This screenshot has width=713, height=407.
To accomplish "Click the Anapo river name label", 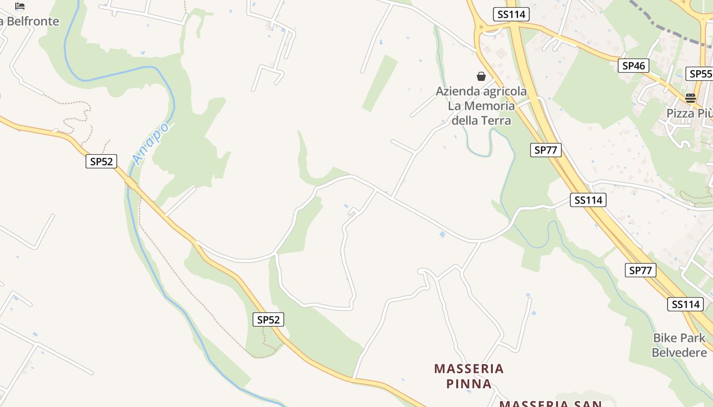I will tap(150, 143).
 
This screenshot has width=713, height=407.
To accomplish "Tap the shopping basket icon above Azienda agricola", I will tap(481, 76).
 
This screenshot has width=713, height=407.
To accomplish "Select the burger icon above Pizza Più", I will tap(691, 98).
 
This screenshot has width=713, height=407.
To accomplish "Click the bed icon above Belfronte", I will tap(20, 6).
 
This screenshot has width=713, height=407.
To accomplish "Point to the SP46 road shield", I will tap(634, 66).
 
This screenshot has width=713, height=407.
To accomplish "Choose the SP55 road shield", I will tap(700, 74).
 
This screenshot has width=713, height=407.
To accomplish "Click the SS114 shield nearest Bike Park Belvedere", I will tap(685, 304).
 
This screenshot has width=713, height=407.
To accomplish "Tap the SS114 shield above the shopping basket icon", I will tap(511, 14).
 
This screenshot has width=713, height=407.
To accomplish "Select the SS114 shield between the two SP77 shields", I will tap(588, 200).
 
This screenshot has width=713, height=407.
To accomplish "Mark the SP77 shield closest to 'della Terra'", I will tap(545, 150).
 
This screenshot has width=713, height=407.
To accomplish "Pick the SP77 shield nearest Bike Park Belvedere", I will tap(640, 270).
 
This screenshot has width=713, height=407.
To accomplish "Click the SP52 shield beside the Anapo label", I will tap(101, 162).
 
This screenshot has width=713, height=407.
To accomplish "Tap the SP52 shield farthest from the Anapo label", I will tap(268, 319).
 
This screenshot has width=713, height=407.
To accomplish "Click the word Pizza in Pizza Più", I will tap(680, 113).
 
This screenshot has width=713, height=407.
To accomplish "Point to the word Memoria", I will tap(490, 106).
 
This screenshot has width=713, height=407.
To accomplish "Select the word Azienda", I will tap(458, 92).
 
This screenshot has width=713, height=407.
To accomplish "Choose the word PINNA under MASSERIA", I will tap(469, 383).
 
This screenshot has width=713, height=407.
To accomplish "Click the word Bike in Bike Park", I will tap(664, 338).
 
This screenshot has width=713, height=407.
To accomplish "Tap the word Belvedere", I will tap(679, 352).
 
